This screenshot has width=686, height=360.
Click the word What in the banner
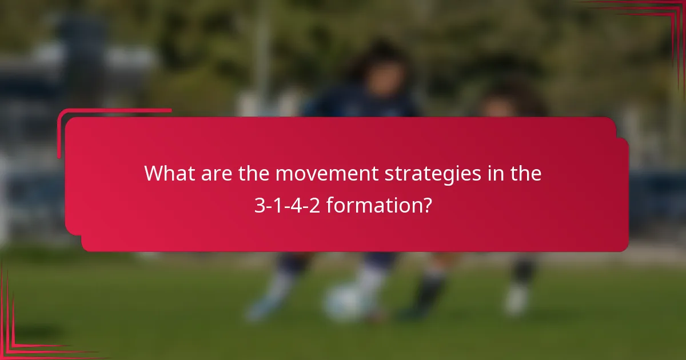pyautogui.click(x=169, y=173)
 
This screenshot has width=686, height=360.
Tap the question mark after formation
pyautogui.click(x=427, y=205)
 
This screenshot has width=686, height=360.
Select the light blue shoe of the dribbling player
pyautogui.click(x=260, y=309)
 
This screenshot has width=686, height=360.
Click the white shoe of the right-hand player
pyautogui.click(x=516, y=299)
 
